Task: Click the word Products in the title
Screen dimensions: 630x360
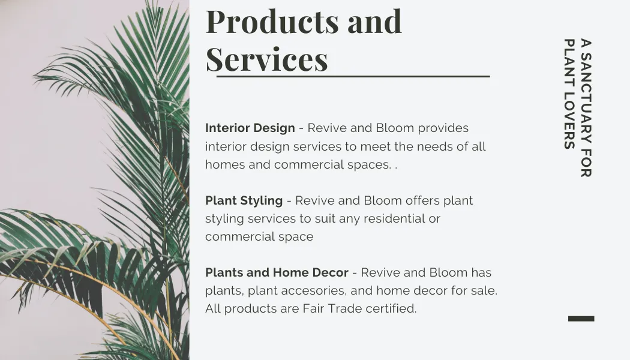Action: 272,21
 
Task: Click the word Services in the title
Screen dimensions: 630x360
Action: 267,59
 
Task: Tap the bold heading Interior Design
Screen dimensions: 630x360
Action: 250,128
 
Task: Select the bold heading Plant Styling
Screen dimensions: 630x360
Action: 244,200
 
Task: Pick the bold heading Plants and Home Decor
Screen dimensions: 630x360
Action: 277,272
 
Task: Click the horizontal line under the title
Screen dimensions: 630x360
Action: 353,76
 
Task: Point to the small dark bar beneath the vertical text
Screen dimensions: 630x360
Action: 581,319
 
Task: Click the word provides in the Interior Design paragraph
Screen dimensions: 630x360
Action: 443,128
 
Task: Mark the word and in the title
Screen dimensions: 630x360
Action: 374,21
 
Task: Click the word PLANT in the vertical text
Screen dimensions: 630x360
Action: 569,64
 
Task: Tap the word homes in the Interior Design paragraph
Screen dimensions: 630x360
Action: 225,165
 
